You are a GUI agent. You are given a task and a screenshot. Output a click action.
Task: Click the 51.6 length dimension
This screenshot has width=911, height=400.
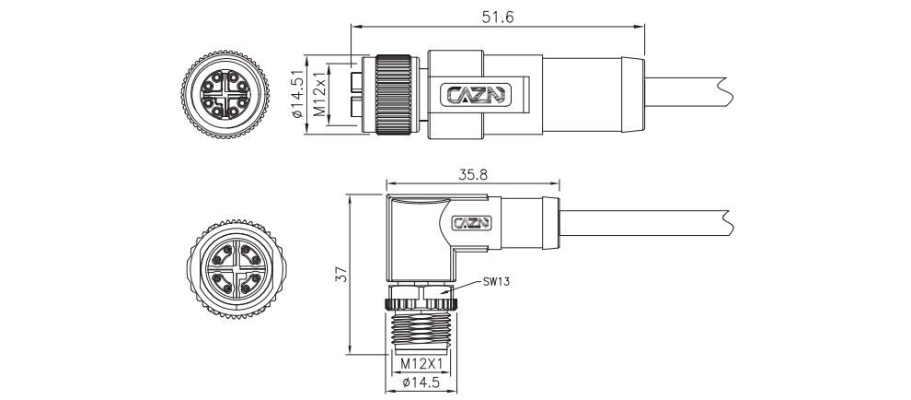(x=498, y=17)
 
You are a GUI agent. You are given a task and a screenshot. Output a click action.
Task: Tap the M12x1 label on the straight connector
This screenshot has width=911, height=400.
(x=319, y=94)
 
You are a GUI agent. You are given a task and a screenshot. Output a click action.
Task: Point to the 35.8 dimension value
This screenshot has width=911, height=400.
(x=473, y=174)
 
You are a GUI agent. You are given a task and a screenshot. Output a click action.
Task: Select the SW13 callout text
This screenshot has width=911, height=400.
(x=496, y=283)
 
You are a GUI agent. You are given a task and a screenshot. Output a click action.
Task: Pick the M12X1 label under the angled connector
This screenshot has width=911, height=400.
(x=422, y=364)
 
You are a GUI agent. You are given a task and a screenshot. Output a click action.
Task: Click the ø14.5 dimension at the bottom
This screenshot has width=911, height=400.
(x=421, y=382)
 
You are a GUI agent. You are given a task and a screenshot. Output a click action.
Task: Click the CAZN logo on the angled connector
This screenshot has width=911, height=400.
(x=471, y=223)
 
